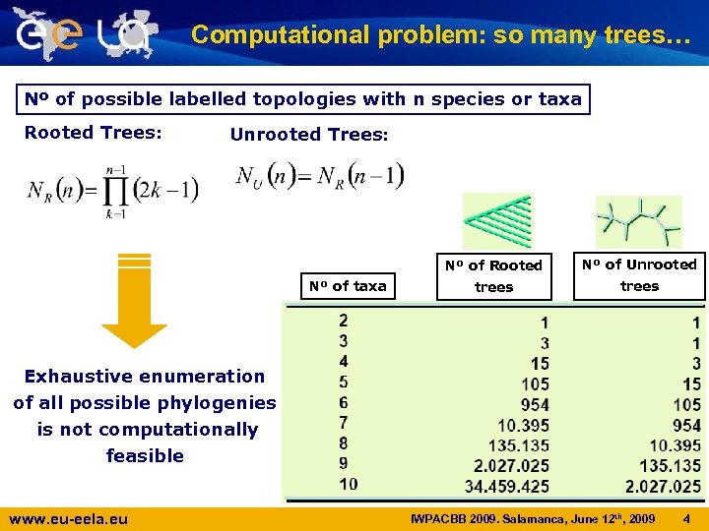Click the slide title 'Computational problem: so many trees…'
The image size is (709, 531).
coord(441,35)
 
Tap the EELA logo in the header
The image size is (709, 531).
coord(85,33)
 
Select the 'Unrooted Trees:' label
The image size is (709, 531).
coord(309,135)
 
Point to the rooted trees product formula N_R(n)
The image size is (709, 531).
coord(112,190)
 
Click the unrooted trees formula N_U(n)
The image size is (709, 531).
coord(320,178)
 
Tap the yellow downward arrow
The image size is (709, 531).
coord(134,300)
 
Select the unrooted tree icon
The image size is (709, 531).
coord(638,219)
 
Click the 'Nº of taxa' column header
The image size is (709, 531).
coord(348,286)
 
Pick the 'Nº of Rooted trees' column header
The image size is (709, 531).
coord(493,276)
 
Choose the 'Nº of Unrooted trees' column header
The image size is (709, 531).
coord(639,275)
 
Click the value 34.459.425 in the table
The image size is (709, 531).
coord(507,486)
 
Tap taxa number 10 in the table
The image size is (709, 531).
coord(348,484)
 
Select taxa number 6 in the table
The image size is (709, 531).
coord(343,402)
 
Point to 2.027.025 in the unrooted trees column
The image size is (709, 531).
coord(663,486)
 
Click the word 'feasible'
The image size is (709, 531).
coord(145,455)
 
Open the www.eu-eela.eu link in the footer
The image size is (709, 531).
coord(68,518)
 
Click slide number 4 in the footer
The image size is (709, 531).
coord(686,517)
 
